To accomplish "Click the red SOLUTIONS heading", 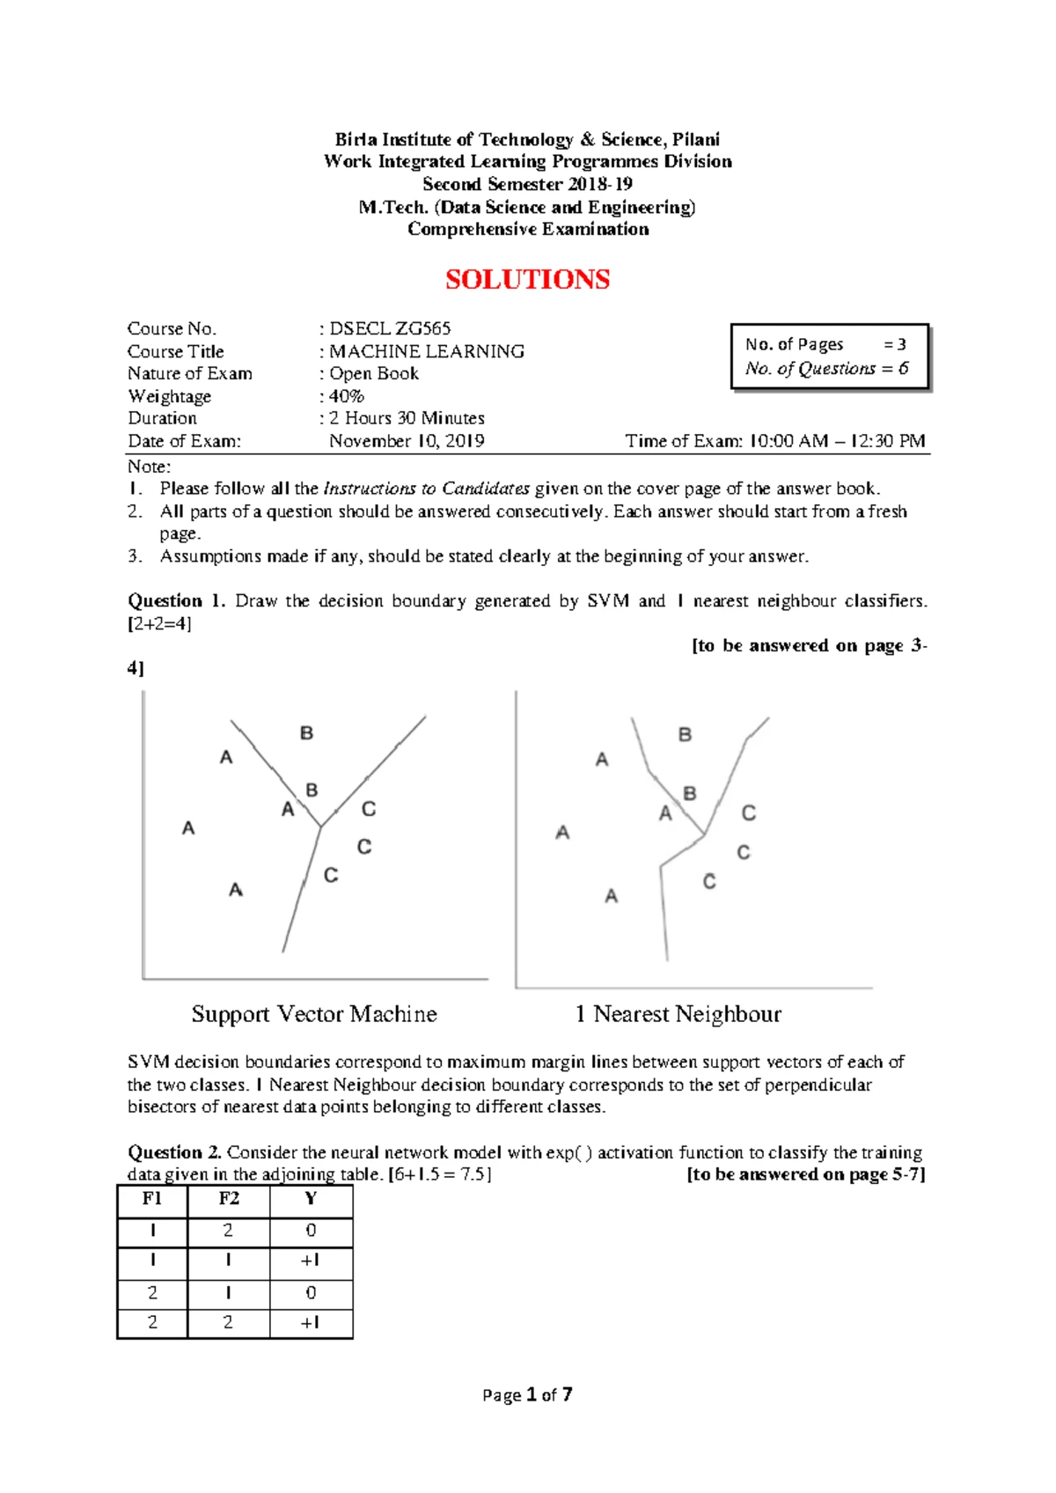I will point(527,280).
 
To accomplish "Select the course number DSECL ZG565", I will point(390,328).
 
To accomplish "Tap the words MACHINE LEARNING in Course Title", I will point(427,351).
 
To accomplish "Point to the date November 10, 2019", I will point(407,441).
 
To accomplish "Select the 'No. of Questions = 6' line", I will point(826,368).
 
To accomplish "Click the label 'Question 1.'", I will point(176,600).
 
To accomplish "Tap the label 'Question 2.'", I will point(175,1152).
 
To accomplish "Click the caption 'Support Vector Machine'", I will point(314,1014).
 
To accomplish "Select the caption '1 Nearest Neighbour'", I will point(678,1014).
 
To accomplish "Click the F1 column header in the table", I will point(152,1199).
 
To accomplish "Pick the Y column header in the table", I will point(311,1199).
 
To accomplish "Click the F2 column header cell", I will point(229,1199).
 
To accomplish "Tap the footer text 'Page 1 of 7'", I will point(527,1394).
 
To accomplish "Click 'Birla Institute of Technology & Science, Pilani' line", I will point(527,139).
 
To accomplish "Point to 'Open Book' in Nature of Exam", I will point(374,373).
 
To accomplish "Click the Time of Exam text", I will point(774,441).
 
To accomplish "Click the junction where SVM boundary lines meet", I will point(321,826).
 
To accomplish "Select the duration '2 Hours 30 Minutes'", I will point(407,418).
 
